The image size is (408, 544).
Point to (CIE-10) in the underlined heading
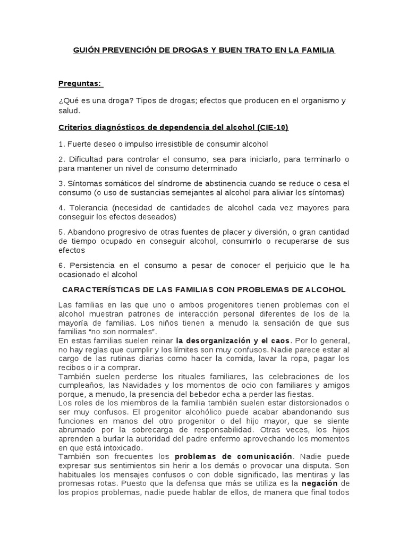point(271,127)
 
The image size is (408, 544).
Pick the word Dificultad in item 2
point(88,159)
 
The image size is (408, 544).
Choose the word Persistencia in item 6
point(91,265)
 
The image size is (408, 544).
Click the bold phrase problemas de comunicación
point(234,456)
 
